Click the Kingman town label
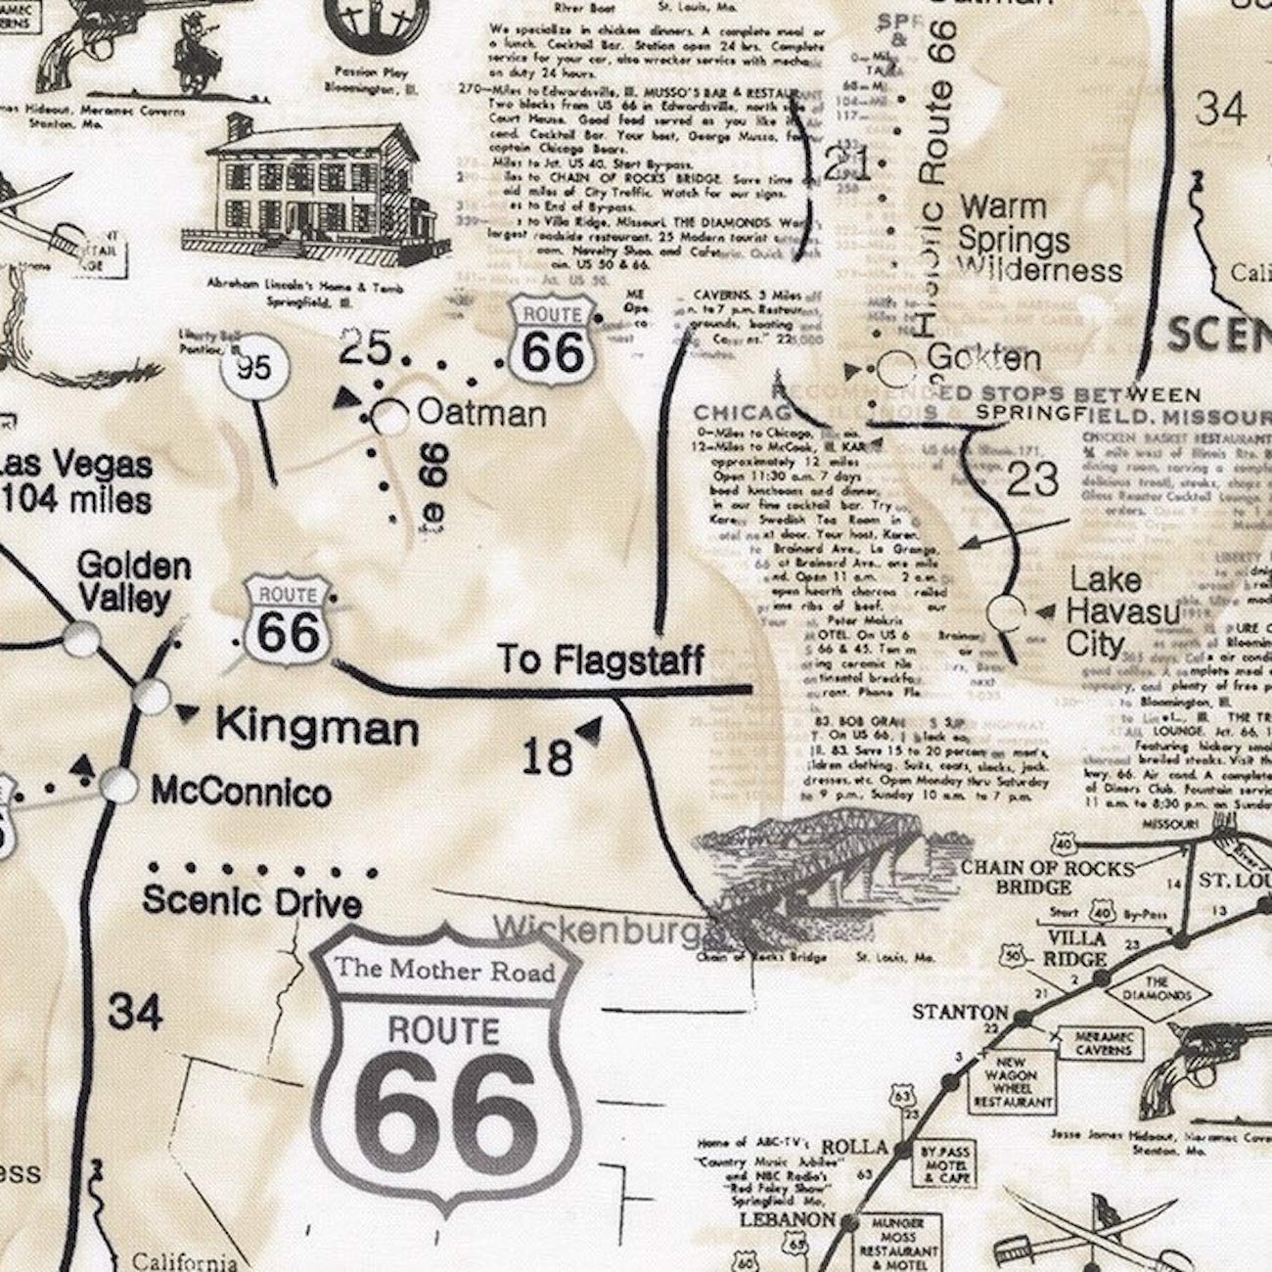pyautogui.click(x=316, y=727)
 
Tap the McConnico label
pyautogui.click(x=241, y=792)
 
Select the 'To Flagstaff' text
pyautogui.click(x=601, y=660)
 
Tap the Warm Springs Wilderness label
pyautogui.click(x=1039, y=239)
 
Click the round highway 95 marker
pyautogui.click(x=252, y=369)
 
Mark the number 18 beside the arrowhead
pyautogui.click(x=546, y=756)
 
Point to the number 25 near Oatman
pyautogui.click(x=366, y=347)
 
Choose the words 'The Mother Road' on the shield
pyautogui.click(x=445, y=970)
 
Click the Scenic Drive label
pyautogui.click(x=251, y=901)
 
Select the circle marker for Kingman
pyautogui.click(x=151, y=698)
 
